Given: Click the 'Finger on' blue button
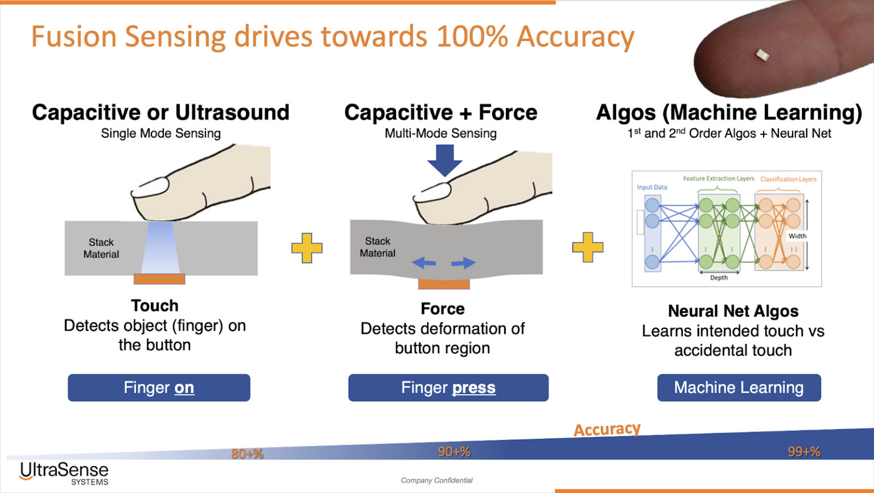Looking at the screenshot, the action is click(159, 388).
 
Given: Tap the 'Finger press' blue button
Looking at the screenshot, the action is click(448, 388).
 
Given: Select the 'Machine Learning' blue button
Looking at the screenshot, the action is click(739, 388).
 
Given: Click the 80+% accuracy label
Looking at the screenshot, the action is click(248, 454).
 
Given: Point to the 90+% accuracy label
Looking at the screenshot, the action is click(454, 451).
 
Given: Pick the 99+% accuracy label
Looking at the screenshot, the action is click(804, 451).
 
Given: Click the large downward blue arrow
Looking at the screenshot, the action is click(445, 160).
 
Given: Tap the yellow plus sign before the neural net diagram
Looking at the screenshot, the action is click(588, 247).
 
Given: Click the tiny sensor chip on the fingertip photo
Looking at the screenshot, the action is click(762, 55).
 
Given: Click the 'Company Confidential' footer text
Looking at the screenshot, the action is click(436, 480).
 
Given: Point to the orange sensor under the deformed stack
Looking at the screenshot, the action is click(444, 284).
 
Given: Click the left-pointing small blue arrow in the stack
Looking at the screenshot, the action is click(424, 263).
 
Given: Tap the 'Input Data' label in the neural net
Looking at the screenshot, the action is click(652, 187).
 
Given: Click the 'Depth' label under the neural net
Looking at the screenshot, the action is click(719, 277).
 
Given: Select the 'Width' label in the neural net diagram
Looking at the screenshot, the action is click(797, 236).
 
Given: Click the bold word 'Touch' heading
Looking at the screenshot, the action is click(155, 306).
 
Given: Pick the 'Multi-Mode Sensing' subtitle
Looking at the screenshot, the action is click(440, 134).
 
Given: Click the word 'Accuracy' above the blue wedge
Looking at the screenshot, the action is click(607, 429).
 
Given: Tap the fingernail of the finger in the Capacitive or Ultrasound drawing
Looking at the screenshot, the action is click(151, 187).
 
